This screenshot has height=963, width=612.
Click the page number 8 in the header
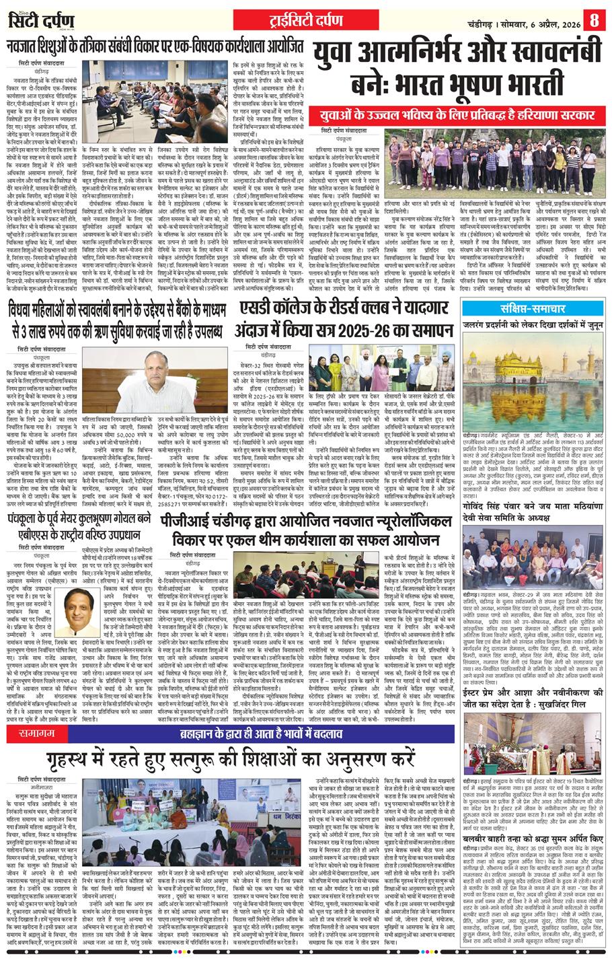pyautogui.click(x=594, y=20)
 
